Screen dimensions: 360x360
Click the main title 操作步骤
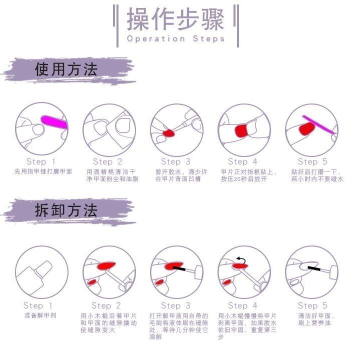click(x=175, y=19)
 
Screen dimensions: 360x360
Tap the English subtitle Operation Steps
click(x=175, y=38)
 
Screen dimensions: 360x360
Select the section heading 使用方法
click(x=66, y=69)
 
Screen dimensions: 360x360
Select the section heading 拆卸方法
click(x=66, y=210)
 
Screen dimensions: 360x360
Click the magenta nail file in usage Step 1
click(x=54, y=122)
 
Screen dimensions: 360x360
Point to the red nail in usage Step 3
click(x=168, y=133)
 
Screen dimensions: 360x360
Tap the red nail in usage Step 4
click(x=241, y=130)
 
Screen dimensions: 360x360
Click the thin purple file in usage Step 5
click(x=318, y=124)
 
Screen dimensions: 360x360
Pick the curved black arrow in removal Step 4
click(x=241, y=260)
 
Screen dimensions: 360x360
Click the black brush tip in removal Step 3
click(x=179, y=268)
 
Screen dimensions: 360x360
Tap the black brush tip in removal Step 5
click(x=314, y=268)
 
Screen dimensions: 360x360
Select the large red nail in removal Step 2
click(x=106, y=265)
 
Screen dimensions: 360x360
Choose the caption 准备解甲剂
click(x=40, y=315)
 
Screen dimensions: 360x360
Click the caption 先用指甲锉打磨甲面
click(x=43, y=171)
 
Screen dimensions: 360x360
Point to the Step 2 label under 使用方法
click(x=107, y=161)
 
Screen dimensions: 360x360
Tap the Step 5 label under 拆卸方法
click(x=312, y=305)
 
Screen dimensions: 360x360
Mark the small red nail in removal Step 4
click(x=227, y=282)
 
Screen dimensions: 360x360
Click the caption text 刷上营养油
click(x=314, y=323)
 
